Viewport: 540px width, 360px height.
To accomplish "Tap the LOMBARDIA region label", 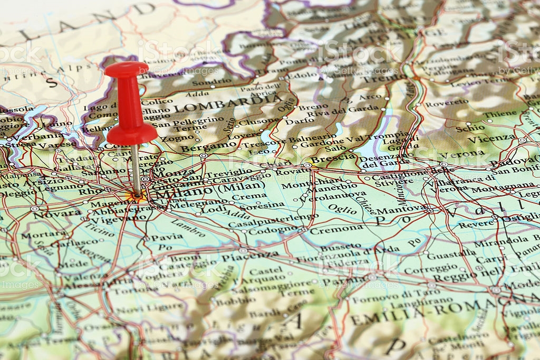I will click(228, 104).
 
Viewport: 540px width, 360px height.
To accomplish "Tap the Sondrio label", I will click(205, 83).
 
